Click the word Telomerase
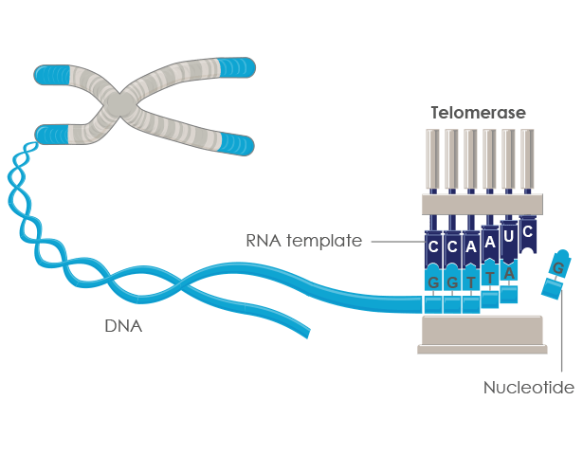coord(477,113)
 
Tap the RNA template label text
coord(304,242)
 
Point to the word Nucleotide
coord(529,388)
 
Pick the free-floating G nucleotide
coord(556,270)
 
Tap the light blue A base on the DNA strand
coord(509,273)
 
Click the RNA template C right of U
coord(528,231)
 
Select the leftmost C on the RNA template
coord(433,247)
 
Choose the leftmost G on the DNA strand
coord(433,282)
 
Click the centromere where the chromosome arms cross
coord(119,102)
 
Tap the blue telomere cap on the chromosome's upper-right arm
coord(236,67)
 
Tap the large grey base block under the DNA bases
coord(482,334)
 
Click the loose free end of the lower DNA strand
coord(302,331)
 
